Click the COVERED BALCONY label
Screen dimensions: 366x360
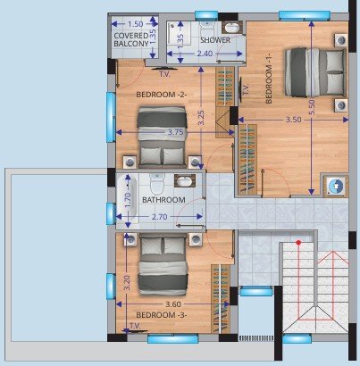coord(137,44)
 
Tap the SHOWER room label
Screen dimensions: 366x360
coord(216,40)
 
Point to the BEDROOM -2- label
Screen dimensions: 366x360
coord(161,94)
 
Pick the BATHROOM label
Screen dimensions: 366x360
coord(163,200)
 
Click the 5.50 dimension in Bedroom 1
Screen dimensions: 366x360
coord(311,105)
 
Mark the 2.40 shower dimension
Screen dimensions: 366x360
coord(205,54)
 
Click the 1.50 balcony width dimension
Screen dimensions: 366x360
coord(136,24)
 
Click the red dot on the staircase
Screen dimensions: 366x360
coord(300,243)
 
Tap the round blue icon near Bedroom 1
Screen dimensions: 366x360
coord(335,186)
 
